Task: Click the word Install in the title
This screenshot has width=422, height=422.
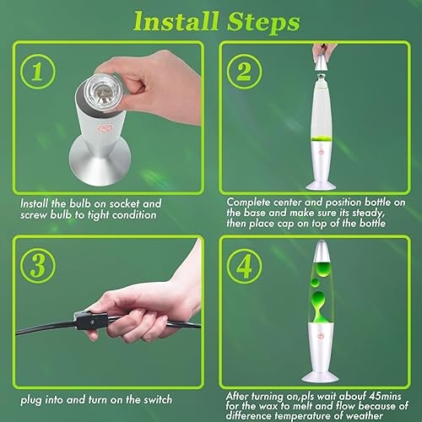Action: (x=176, y=22)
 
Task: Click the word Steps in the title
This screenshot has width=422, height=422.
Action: (x=263, y=22)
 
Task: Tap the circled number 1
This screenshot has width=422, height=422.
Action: (x=38, y=72)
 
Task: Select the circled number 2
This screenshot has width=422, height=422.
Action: (x=244, y=72)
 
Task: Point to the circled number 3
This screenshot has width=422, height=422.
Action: (x=38, y=266)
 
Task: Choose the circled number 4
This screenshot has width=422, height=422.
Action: (x=244, y=266)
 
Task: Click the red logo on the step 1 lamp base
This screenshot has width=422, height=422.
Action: (x=103, y=128)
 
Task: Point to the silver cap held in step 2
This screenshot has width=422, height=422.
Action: (x=322, y=62)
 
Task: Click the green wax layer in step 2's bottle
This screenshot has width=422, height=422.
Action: (x=322, y=138)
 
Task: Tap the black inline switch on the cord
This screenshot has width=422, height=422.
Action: (x=90, y=321)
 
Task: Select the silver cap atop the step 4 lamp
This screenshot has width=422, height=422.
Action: (x=321, y=251)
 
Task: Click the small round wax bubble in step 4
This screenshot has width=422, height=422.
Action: (x=315, y=283)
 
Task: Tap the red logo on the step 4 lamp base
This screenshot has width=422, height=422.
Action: (x=321, y=335)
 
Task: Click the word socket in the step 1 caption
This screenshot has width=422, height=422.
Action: (x=124, y=203)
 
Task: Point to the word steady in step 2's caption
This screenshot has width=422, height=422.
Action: (x=368, y=213)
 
